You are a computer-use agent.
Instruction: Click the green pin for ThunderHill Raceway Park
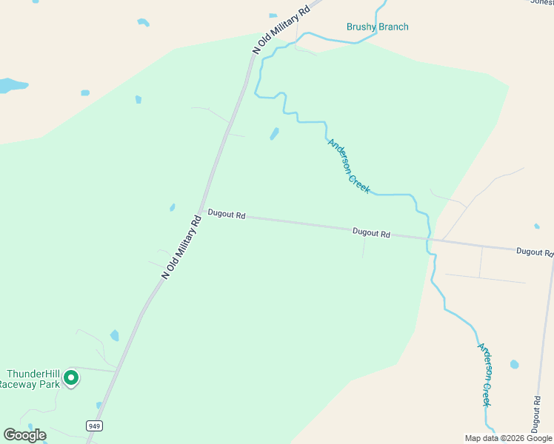click(71, 379)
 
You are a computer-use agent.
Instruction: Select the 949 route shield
click(93, 425)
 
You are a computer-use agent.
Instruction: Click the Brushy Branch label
click(377, 27)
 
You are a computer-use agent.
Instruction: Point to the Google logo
click(24, 435)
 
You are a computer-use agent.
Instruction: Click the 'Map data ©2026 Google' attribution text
click(509, 438)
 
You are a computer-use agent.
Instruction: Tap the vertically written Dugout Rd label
click(536, 414)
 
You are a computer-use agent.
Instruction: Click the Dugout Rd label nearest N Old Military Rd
click(226, 215)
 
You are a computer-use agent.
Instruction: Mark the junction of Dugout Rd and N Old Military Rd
click(201, 212)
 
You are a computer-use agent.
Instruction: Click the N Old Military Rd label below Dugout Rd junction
click(181, 247)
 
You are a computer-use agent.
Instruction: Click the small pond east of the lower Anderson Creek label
click(514, 364)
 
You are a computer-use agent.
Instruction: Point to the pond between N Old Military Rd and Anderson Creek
click(274, 134)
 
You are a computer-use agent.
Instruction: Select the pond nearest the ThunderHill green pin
click(114, 336)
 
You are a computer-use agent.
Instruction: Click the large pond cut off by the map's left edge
click(11, 85)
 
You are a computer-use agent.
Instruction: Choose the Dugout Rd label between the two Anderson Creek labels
click(371, 232)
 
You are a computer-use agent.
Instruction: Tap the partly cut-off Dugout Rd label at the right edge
click(535, 252)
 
